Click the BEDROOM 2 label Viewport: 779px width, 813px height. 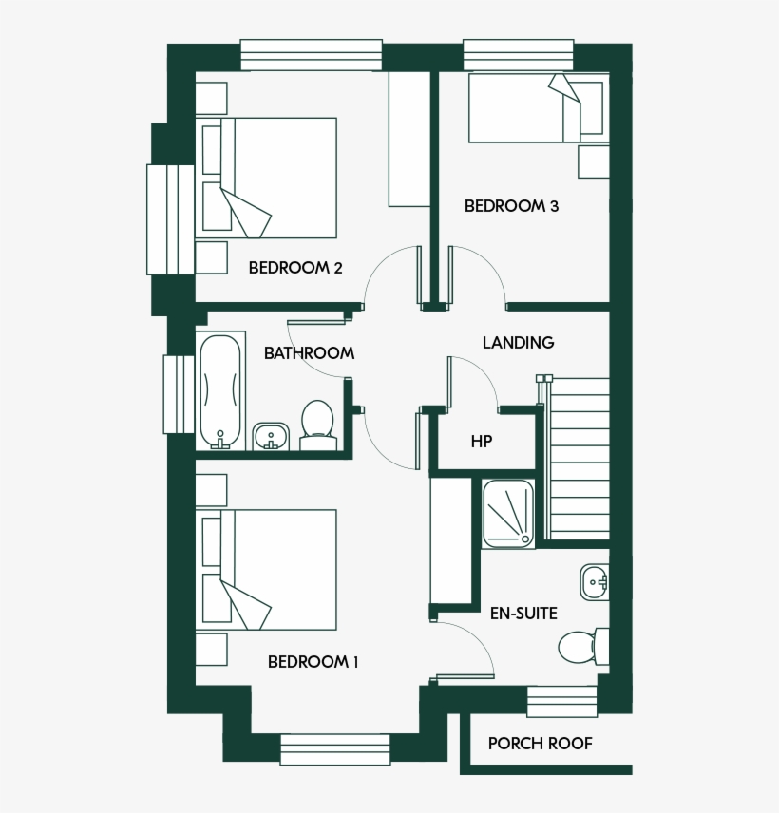295,268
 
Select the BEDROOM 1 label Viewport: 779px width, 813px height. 313,662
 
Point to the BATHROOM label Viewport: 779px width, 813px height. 309,353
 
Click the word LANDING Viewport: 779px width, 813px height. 518,343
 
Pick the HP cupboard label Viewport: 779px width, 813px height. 482,442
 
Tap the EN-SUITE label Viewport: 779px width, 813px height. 523,613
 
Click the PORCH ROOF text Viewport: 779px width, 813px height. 540,744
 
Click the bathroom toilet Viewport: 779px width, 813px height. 317,424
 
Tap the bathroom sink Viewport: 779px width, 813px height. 273,436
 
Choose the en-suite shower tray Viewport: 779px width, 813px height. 508,514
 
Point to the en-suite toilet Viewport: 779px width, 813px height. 579,647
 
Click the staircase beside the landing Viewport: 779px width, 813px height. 579,457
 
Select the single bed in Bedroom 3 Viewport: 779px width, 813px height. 536,108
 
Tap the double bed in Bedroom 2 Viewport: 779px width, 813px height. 268,178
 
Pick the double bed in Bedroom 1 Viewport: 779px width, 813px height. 268,570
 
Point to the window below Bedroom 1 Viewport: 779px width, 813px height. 335,748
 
